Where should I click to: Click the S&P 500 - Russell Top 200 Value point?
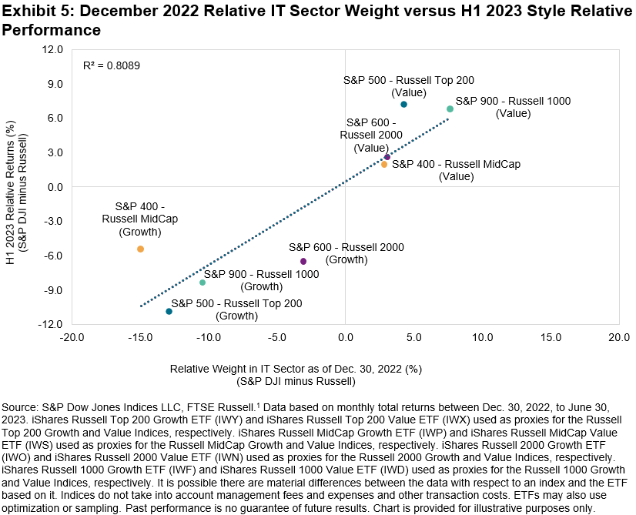pos(403,104)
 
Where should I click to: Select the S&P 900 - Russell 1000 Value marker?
pos(450,109)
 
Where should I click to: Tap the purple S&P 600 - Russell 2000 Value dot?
pos(387,157)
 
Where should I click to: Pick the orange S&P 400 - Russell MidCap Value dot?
pos(383,164)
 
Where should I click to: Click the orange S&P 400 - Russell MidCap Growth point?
pos(140,249)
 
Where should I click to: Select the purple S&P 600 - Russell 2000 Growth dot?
pos(303,262)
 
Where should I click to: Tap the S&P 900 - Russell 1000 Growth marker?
pos(203,283)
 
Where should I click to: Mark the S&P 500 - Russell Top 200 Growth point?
pos(169,311)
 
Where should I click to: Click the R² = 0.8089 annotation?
pos(112,66)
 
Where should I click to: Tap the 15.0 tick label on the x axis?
pos(550,337)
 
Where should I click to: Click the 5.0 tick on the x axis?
pos(413,337)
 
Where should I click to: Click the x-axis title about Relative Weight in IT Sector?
pos(296,369)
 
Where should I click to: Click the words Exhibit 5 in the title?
pos(32,11)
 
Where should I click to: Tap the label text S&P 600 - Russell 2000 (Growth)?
pos(346,253)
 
